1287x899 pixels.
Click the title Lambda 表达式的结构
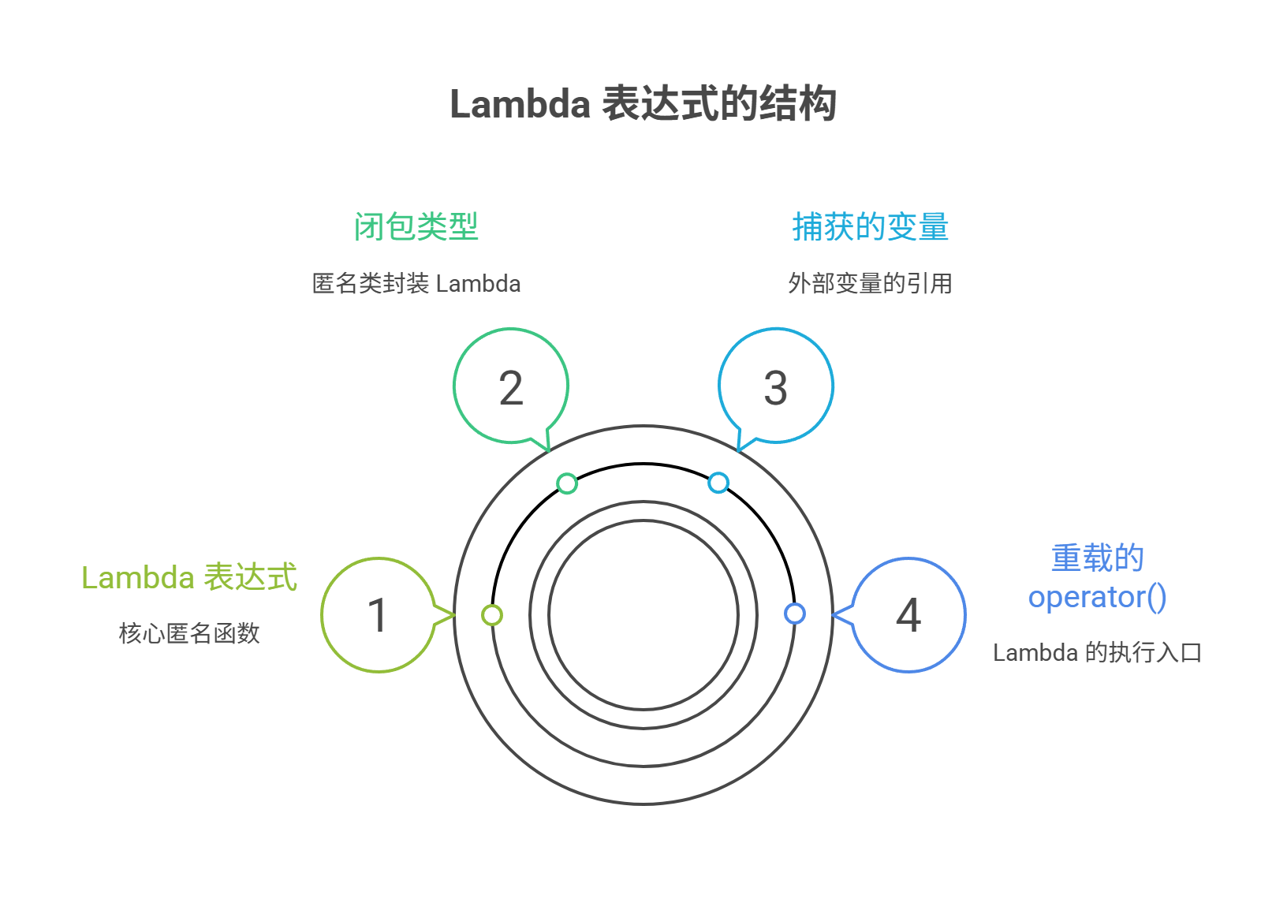click(643, 104)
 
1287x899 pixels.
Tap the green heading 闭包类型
click(416, 226)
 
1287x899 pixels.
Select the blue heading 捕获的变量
click(870, 226)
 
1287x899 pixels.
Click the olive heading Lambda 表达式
click(189, 577)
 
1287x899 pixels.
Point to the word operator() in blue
click(1097, 597)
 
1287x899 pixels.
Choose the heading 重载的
click(1097, 558)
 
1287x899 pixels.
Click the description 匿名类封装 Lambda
click(416, 283)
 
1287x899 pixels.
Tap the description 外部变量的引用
click(870, 283)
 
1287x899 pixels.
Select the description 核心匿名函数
click(189, 632)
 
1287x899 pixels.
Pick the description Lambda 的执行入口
click(1097, 652)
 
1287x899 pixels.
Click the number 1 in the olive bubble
click(379, 615)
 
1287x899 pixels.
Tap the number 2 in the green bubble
click(511, 388)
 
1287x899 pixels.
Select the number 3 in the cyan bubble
click(776, 388)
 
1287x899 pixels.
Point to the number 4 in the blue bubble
click(908, 615)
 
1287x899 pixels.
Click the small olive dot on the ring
click(492, 615)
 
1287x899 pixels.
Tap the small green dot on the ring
click(567, 483)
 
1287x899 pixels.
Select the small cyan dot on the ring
click(718, 483)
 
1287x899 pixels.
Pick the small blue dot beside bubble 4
click(795, 614)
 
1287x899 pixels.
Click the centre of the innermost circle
click(643, 615)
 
